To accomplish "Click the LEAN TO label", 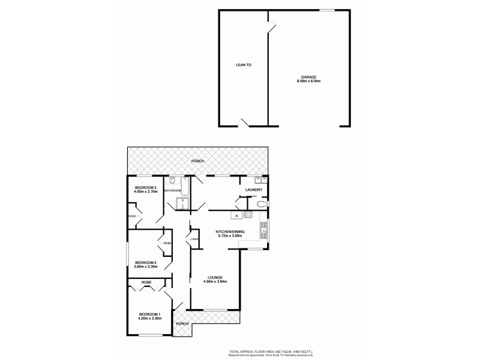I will click(x=243, y=64).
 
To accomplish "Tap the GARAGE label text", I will click(x=308, y=77).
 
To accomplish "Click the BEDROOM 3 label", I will click(x=145, y=188).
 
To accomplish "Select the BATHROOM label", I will click(x=173, y=191).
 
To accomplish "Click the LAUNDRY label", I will click(x=254, y=190).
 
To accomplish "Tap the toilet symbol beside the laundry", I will click(x=260, y=205).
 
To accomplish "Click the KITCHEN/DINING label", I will click(x=229, y=231).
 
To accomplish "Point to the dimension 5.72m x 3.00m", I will click(x=229, y=236).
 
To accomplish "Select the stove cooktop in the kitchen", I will click(x=264, y=235).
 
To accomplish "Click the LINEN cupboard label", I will click(x=194, y=240).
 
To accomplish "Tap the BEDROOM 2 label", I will click(x=145, y=262).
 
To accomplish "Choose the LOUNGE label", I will click(x=216, y=277).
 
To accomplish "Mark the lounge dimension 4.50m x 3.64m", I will click(x=216, y=282).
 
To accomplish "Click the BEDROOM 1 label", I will click(x=149, y=314).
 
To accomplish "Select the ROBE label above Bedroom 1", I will click(x=146, y=282).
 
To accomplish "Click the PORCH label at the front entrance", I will click(x=182, y=324).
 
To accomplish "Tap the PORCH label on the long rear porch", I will click(x=197, y=161).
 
